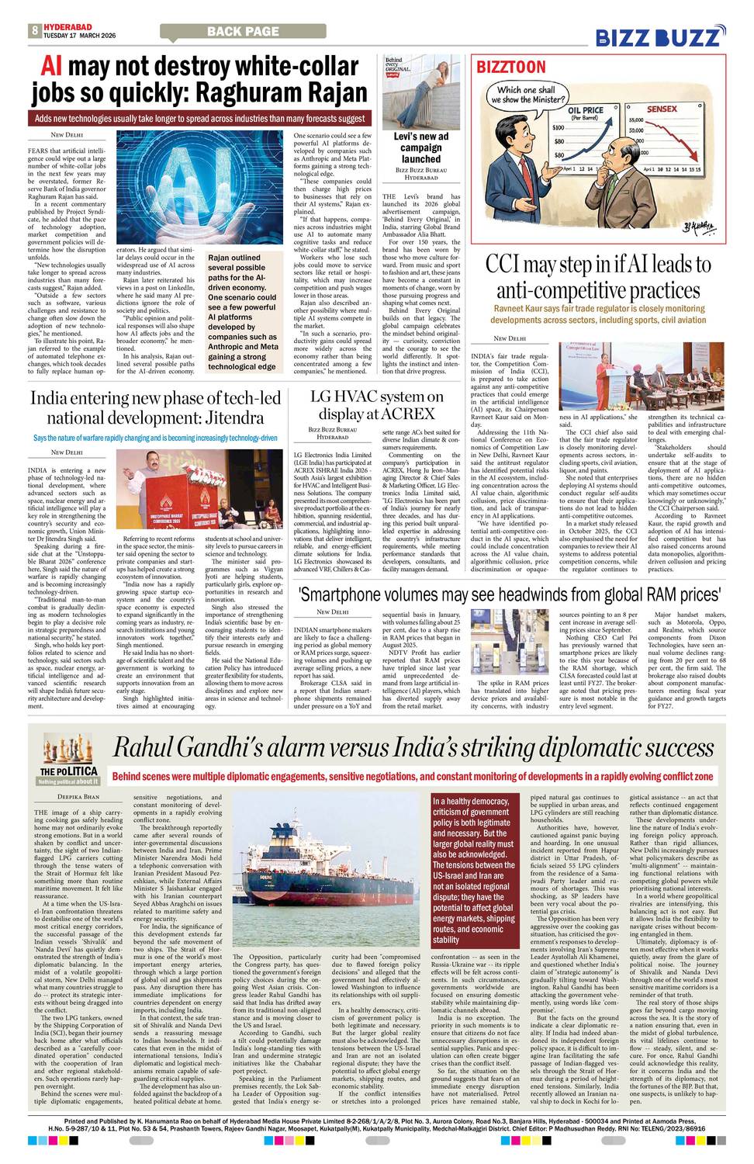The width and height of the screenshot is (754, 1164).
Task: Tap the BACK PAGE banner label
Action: coord(243,32)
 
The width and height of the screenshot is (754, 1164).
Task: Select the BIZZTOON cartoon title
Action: coord(511,67)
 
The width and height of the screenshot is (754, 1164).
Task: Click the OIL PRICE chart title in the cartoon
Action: coord(586,111)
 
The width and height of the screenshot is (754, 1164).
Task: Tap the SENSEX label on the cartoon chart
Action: coord(662,109)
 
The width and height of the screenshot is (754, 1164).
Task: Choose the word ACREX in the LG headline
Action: coord(407,414)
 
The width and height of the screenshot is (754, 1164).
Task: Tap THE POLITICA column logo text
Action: coord(69,771)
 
